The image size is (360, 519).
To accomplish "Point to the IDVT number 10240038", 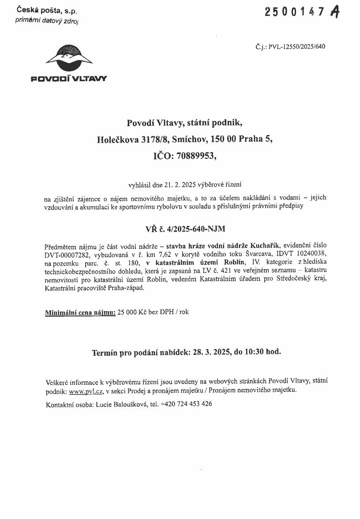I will (312, 253).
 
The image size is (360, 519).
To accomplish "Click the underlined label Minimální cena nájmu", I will (80, 312).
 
